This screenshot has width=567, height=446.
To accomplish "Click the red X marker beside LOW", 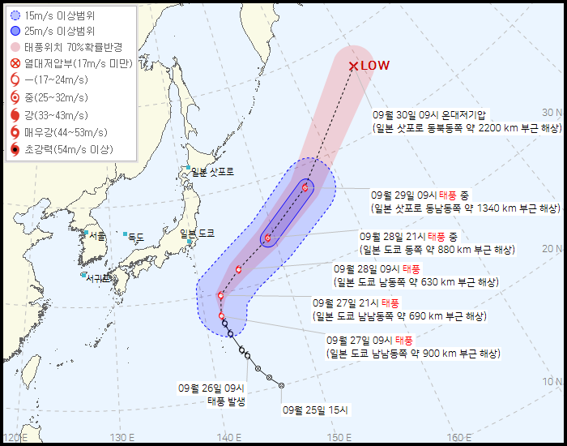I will pyautogui.click(x=353, y=66).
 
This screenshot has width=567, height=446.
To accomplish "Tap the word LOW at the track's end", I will pyautogui.click(x=375, y=66).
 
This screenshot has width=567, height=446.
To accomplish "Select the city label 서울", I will pyautogui.click(x=98, y=235).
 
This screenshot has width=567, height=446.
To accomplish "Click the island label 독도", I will pyautogui.click(x=135, y=237).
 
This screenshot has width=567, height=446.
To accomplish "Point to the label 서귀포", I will pyautogui.click(x=98, y=277).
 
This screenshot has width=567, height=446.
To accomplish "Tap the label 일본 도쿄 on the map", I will pyautogui.click(x=198, y=233).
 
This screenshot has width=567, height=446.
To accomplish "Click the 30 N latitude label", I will pyautogui.click(x=552, y=113).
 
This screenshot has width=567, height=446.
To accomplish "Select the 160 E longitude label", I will pyautogui.click(x=460, y=438).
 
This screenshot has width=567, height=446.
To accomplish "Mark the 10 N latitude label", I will pyautogui.click(x=552, y=381).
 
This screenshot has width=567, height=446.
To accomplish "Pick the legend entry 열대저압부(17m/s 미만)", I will pyautogui.click(x=77, y=63).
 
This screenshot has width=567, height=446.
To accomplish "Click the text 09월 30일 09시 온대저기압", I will pyautogui.click(x=435, y=115).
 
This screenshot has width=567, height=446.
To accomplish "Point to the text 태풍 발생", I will pyautogui.click(x=226, y=401).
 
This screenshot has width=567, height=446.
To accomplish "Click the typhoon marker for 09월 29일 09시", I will pyautogui.click(x=305, y=188).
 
